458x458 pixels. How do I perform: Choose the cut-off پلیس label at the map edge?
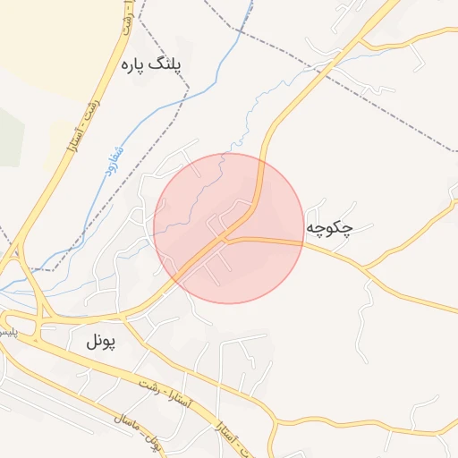(7, 332)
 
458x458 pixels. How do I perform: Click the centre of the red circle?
(229, 228)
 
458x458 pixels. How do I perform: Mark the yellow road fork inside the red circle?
(226, 239)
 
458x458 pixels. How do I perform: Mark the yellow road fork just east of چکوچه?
(365, 267)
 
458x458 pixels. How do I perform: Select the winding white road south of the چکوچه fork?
(365, 313)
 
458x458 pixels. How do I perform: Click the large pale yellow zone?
(45, 36)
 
